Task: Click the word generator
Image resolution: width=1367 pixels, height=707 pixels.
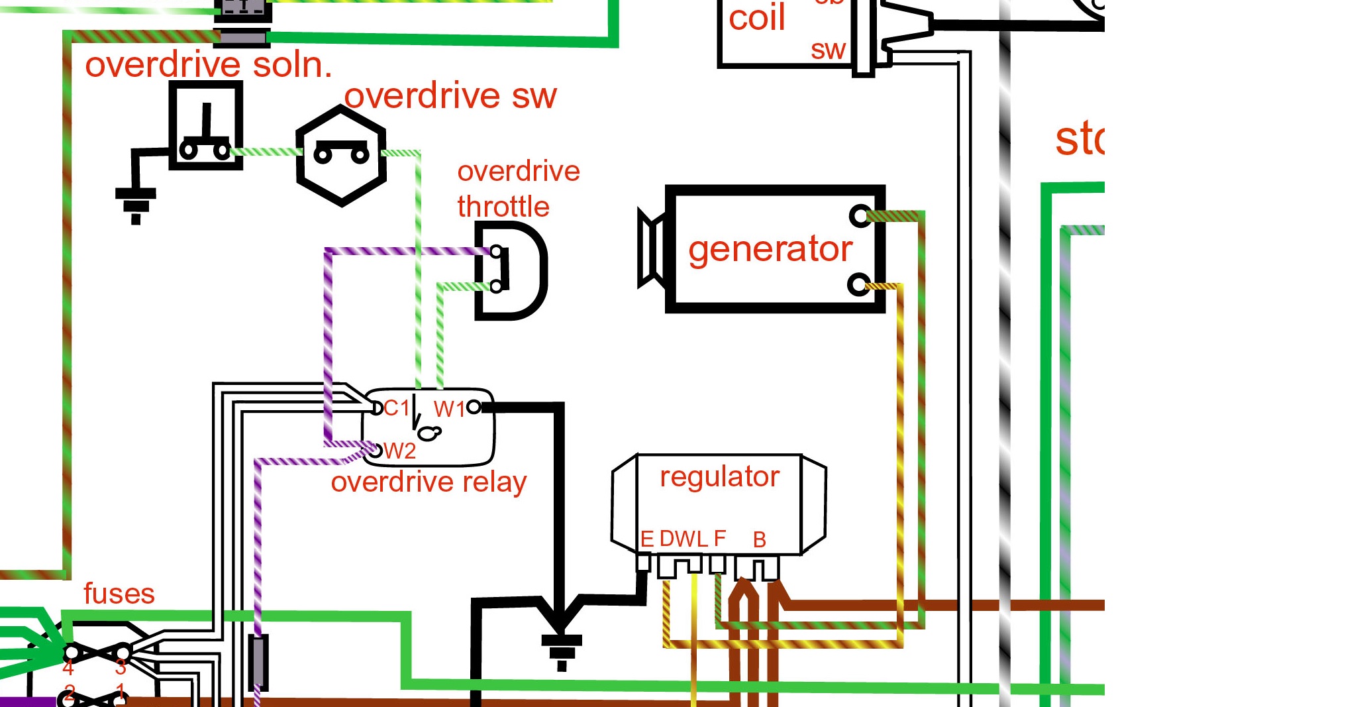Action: pos(770,250)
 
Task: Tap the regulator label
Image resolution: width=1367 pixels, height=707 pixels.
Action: pos(719,476)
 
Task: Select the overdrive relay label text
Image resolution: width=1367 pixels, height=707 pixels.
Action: pos(429,482)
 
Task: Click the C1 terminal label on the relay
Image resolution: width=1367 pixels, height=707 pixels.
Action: pos(396,408)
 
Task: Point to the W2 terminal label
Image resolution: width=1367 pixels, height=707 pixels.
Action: pos(399,451)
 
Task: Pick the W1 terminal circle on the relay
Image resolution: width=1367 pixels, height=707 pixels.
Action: pos(474,407)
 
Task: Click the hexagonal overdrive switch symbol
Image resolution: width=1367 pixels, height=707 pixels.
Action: pos(341,156)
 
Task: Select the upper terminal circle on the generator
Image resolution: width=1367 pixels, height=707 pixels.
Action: pos(860,215)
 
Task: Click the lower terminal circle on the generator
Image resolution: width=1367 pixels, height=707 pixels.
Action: pos(858,286)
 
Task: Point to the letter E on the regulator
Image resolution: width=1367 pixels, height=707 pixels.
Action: pos(647,539)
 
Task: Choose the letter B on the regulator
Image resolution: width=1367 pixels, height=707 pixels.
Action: pos(760,540)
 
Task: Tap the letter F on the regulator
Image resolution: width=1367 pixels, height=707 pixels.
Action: pos(720,538)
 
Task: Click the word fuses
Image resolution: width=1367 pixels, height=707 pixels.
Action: pos(119,594)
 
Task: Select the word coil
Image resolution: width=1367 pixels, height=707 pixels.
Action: pos(756,18)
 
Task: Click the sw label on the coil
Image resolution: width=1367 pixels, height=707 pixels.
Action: pos(828,50)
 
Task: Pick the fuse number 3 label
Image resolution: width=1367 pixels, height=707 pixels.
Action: pos(121,667)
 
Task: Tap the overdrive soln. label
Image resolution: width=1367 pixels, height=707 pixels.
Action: pos(209,65)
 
